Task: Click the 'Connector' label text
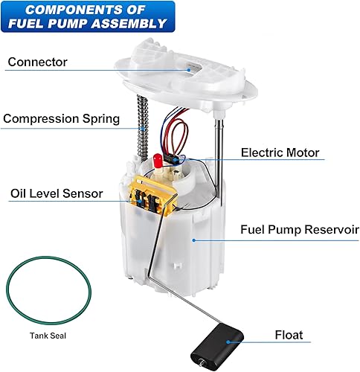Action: click(37, 62)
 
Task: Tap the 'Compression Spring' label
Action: click(60, 118)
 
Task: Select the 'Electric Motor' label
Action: click(280, 153)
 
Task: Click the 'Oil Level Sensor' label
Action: click(57, 193)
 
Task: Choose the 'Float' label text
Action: click(289, 336)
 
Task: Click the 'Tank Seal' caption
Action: click(44, 335)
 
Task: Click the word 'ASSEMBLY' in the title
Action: click(130, 23)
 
